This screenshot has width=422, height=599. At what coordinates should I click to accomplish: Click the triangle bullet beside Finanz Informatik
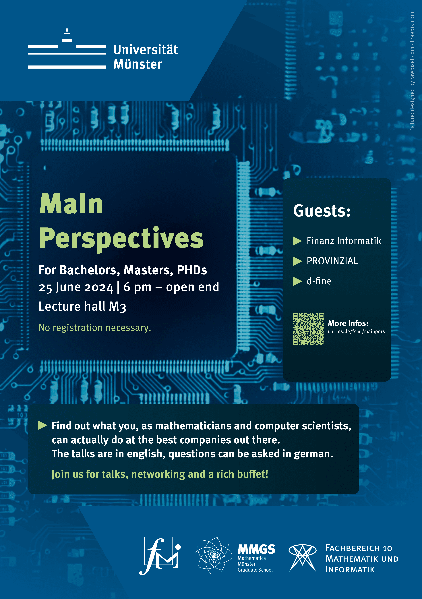click(x=297, y=241)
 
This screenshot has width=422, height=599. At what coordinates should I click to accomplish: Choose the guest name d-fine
click(x=319, y=281)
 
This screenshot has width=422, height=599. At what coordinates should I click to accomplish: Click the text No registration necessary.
click(x=95, y=328)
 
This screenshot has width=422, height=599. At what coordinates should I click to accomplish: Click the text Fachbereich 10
click(x=359, y=548)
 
